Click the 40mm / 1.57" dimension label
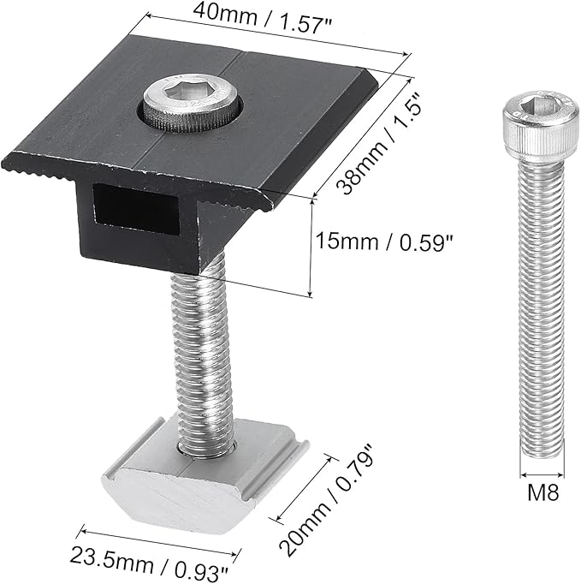tap(263, 19)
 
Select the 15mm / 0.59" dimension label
tap(383, 241)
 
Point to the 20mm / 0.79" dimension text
tap(326, 499)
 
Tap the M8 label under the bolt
tap(543, 492)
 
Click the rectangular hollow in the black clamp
tap(136, 209)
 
